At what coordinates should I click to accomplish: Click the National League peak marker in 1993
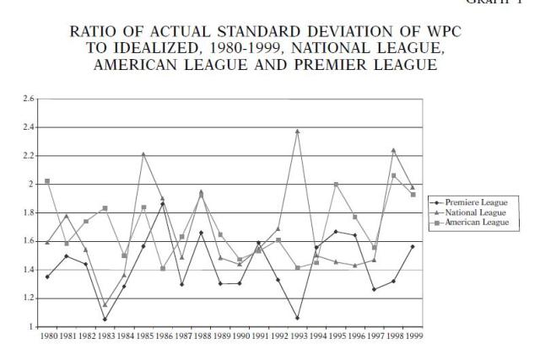pyautogui.click(x=321, y=132)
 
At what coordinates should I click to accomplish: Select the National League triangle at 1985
pyautogui.click(x=143, y=154)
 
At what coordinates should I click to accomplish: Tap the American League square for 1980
pyautogui.click(x=47, y=181)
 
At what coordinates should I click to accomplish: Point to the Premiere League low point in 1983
pyautogui.click(x=105, y=319)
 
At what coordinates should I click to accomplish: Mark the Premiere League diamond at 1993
pyautogui.click(x=321, y=318)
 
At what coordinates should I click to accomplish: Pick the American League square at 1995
pyautogui.click(x=336, y=184)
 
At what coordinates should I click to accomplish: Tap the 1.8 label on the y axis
pyautogui.click(x=30, y=212)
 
